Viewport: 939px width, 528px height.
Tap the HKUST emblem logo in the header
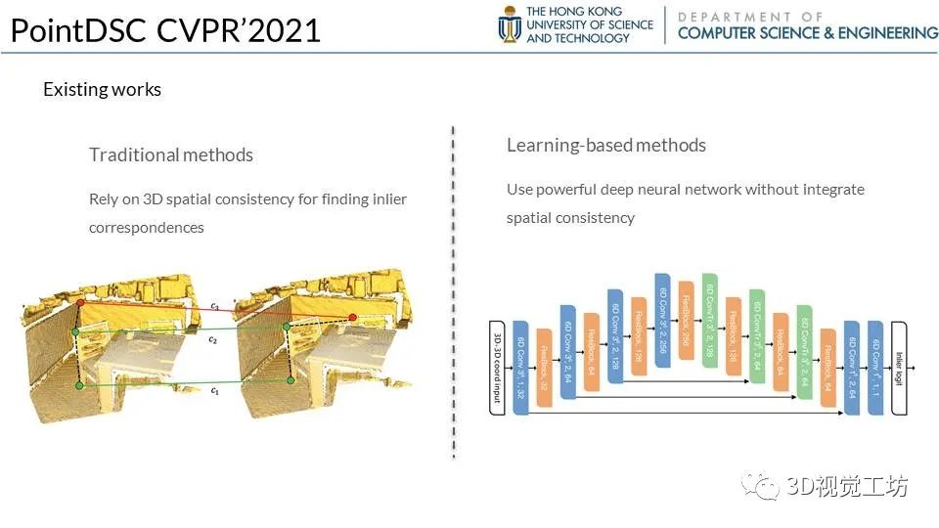point(510,24)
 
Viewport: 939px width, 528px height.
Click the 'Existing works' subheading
point(102,89)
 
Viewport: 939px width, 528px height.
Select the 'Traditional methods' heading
point(171,154)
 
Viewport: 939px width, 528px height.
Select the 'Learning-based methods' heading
point(605,145)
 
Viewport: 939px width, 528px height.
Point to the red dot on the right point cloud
point(353,318)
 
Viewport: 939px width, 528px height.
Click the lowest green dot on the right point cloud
point(291,379)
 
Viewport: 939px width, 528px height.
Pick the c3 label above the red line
point(214,306)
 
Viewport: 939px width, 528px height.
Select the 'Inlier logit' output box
point(901,368)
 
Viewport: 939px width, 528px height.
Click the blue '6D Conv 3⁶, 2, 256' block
point(662,320)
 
